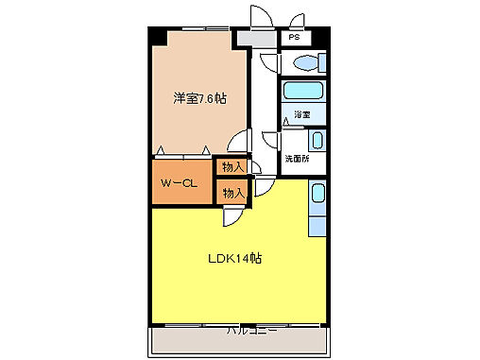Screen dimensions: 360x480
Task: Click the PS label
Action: pos(295,38)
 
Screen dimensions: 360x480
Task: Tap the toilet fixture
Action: pos(307,64)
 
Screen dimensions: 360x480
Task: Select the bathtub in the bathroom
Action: pos(302,93)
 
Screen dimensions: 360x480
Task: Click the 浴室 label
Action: pos(302,115)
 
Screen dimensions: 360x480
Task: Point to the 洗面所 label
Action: pos(298,158)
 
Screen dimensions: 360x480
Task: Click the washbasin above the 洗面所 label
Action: pos(317,142)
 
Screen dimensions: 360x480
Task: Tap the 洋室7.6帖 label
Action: pos(198,97)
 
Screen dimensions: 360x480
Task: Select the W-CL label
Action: pos(178,183)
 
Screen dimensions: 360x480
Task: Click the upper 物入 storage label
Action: pos(232,167)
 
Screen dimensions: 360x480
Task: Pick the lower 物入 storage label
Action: pos(232,192)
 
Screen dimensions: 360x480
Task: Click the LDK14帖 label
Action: pos(234,257)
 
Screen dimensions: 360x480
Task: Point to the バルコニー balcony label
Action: pos(251,332)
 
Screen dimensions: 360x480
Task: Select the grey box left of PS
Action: pos(250,39)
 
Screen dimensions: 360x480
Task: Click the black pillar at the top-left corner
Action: pos(158,38)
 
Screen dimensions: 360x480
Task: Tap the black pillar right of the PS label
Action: pos(319,38)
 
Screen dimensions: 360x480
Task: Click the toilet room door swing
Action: pos(268,61)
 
